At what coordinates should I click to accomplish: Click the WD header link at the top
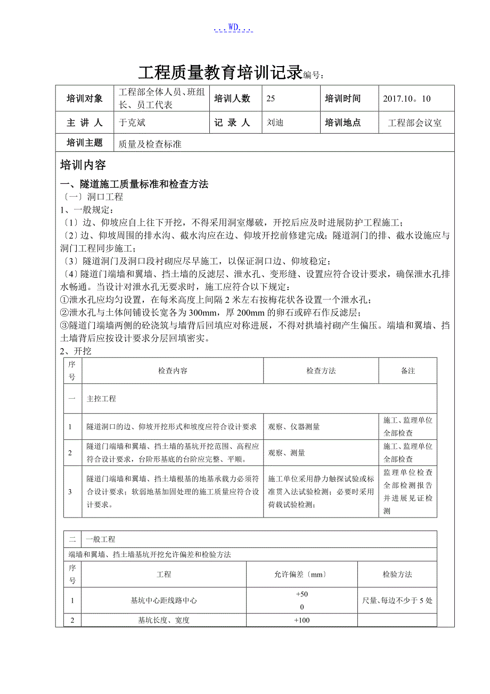[233, 28]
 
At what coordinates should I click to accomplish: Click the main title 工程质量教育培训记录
[220, 73]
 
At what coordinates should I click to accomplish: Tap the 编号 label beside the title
[313, 76]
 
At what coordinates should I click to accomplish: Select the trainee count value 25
[271, 99]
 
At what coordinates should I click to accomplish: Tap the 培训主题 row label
[85, 143]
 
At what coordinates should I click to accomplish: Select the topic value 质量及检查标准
[150, 144]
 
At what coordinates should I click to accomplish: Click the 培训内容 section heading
[83, 165]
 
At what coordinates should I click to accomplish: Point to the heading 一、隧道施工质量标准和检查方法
[134, 184]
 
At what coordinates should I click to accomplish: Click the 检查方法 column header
[321, 370]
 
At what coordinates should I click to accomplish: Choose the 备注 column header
[408, 370]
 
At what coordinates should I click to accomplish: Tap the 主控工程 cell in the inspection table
[101, 398]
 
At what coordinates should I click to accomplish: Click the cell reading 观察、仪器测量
[294, 426]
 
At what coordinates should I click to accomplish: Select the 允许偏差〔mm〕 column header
[301, 574]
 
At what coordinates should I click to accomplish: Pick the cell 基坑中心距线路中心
[164, 600]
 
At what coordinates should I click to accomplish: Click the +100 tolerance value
[302, 620]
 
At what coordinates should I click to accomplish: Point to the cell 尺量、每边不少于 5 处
[397, 600]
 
